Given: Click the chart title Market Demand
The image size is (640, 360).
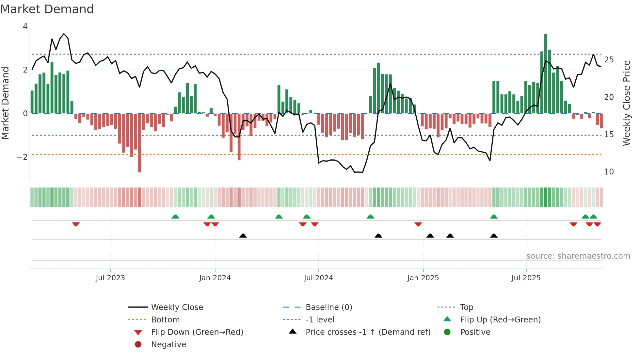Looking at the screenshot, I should tap(47, 9).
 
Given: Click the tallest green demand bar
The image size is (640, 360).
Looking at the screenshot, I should tap(546, 74).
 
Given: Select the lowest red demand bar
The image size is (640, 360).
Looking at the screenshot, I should tap(139, 143).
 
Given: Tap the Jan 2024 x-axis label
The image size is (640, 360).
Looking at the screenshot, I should tap(215, 278).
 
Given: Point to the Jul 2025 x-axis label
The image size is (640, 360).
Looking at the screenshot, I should tap(526, 278).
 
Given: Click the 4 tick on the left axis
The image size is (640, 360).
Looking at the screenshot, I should tap(25, 26).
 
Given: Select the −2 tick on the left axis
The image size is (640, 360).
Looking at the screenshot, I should tap(23, 157).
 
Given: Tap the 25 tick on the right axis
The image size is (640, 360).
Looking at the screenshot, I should tap(609, 60).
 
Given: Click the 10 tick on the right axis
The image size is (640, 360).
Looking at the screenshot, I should tap(609, 172).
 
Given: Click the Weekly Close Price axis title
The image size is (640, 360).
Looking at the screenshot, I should tap(626, 103).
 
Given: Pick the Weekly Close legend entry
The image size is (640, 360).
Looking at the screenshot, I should tap(177, 307).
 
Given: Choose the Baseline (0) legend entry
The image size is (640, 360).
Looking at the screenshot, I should tap(328, 307).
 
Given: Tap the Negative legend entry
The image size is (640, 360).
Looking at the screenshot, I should tap(168, 345).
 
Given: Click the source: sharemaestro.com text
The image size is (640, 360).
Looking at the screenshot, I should tap(578, 256).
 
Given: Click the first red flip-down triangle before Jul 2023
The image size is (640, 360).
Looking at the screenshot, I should tap(76, 224).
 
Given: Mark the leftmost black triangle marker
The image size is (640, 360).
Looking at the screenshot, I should tap(243, 236).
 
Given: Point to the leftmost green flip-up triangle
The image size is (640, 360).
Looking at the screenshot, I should tap(175, 217).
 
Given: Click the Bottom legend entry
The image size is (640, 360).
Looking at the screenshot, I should tap(165, 320).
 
